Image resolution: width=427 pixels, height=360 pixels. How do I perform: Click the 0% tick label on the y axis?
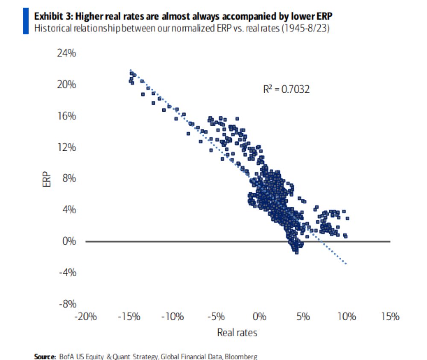tap(69, 241)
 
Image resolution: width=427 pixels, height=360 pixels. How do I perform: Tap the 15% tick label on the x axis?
tap(389, 317)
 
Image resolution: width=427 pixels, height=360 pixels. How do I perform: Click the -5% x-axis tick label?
tap(216, 317)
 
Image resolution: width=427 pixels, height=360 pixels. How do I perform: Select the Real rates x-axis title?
tap(237, 332)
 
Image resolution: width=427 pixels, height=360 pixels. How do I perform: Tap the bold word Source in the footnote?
tap(44, 356)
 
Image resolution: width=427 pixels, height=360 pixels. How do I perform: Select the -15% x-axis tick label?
tap(129, 317)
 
